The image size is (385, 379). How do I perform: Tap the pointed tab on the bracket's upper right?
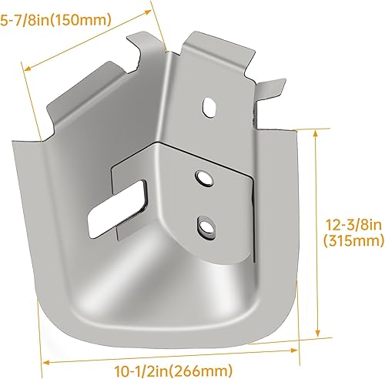[x=271, y=83]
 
